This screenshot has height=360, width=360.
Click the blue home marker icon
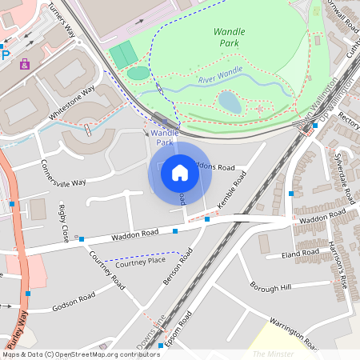[180, 172]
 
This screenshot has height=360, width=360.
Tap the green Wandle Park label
[230, 37]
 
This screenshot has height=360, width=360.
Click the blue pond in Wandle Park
[230, 102]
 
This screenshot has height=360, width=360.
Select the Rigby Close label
[63, 223]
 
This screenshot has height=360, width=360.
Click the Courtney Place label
[140, 262]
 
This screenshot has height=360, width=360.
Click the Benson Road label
[177, 267]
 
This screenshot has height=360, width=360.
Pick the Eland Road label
[300, 254]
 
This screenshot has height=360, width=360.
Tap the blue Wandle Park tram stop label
[164, 137]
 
